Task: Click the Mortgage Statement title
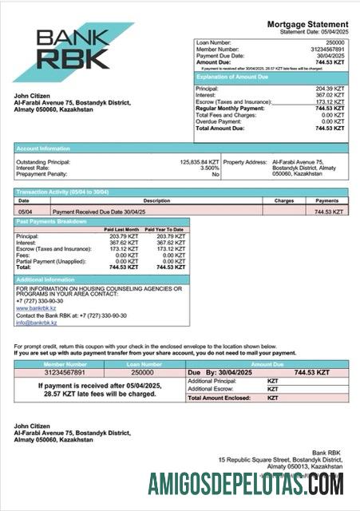click(307, 25)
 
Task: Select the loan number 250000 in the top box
click(334, 42)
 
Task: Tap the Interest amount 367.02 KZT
click(330, 95)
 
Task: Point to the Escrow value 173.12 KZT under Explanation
click(330, 102)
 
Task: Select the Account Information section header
click(43, 148)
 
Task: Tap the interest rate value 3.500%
click(208, 168)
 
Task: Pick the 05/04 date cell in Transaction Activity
click(25, 212)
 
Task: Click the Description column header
click(134, 201)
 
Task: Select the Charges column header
click(284, 201)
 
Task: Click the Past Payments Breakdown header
click(51, 221)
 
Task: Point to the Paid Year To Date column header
click(164, 229)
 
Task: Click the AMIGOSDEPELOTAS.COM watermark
click(246, 484)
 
